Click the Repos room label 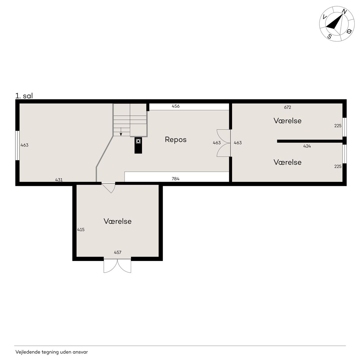pyautogui.click(x=175, y=139)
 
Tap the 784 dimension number pyautogui.click(x=175, y=179)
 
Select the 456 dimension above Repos pyautogui.click(x=175, y=106)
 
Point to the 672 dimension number pyautogui.click(x=287, y=107)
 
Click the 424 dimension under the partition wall pyautogui.click(x=307, y=146)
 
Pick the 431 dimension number pyautogui.click(x=59, y=180)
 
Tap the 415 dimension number pyautogui.click(x=81, y=229)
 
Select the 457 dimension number pyautogui.click(x=118, y=252)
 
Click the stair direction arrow pyautogui.click(x=121, y=132)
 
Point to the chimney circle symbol pyautogui.click(x=138, y=141)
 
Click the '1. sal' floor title pyautogui.click(x=24, y=96)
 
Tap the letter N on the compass pyautogui.click(x=344, y=12)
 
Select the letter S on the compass pyautogui.click(x=330, y=36)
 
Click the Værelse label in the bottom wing pyautogui.click(x=118, y=221)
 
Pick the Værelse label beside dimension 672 pyautogui.click(x=287, y=121)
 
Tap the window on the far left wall pyautogui.click(x=17, y=145)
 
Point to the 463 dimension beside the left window pyautogui.click(x=24, y=145)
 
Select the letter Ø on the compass pyautogui.click(x=349, y=31)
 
